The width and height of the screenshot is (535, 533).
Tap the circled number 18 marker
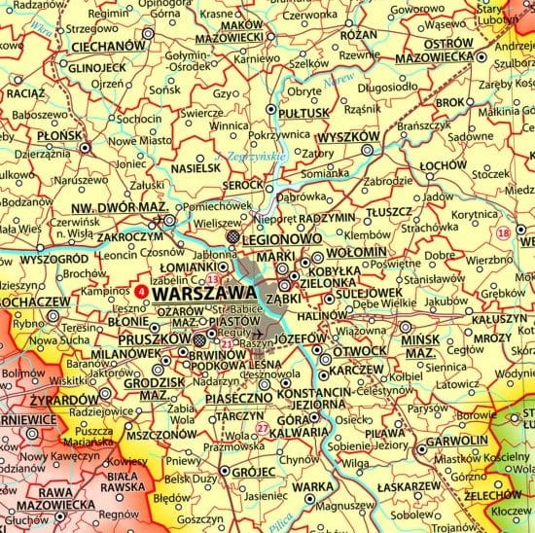(x=503, y=232)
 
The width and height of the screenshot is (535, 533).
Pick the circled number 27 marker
(x=262, y=428)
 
